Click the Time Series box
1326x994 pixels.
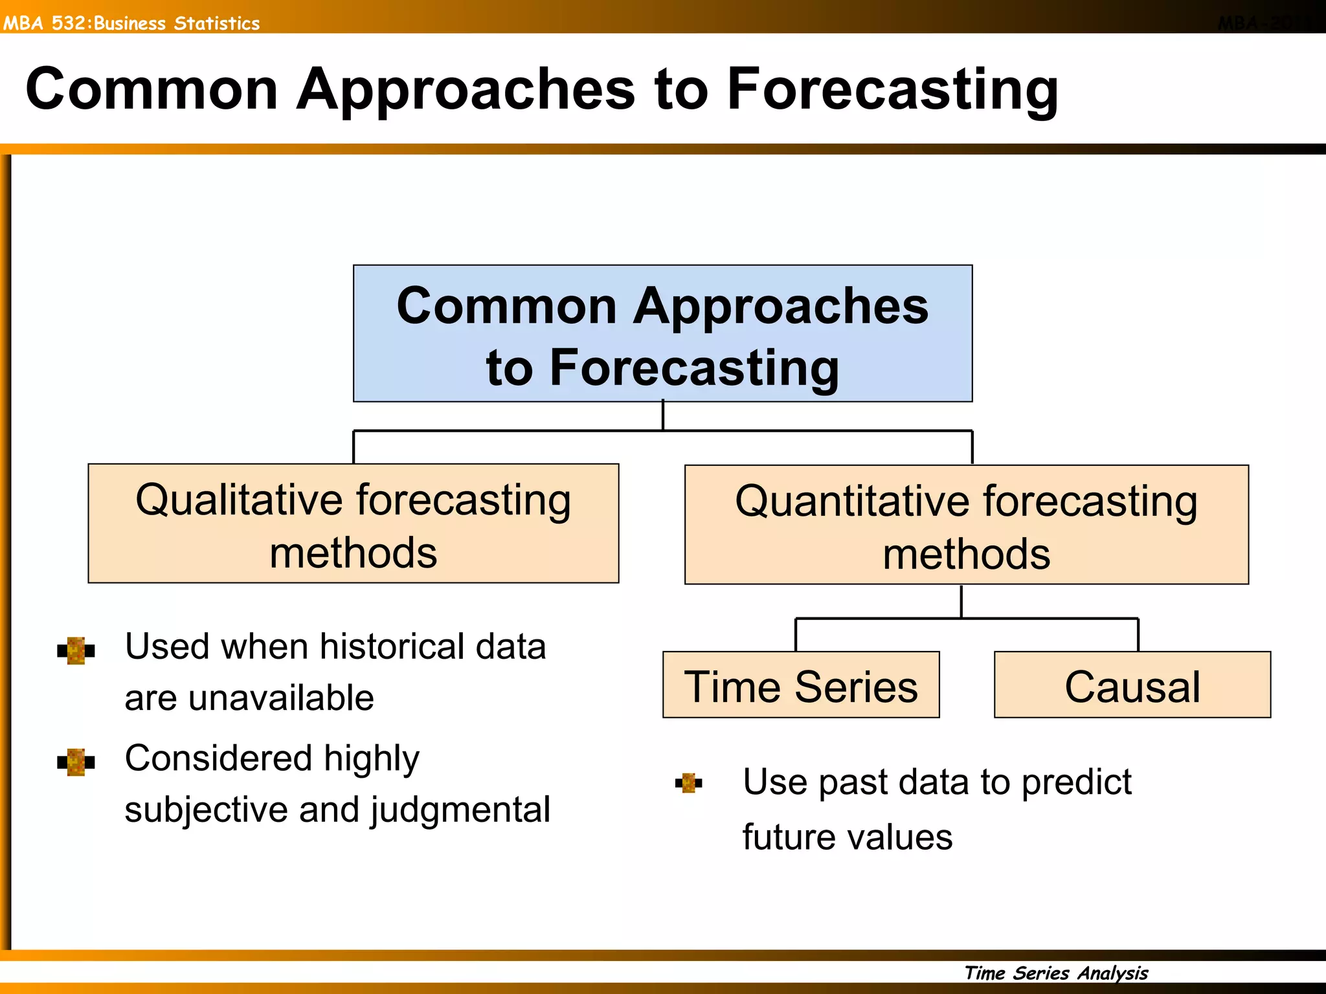pos(801,685)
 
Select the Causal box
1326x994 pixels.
pos(1132,685)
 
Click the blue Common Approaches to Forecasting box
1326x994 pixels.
pos(662,334)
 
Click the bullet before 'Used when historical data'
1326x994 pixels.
pos(76,650)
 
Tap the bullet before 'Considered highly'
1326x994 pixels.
pos(76,762)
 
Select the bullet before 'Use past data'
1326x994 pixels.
pos(688,783)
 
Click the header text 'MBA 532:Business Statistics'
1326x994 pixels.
pos(131,23)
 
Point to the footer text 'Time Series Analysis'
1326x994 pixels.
pos(1056,973)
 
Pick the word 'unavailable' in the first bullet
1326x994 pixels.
pos(282,698)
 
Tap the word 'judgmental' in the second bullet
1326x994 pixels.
pos(460,810)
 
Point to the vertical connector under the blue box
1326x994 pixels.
pos(663,415)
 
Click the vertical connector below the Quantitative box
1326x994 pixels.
pos(961,601)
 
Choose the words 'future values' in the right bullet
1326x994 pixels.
pos(847,837)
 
